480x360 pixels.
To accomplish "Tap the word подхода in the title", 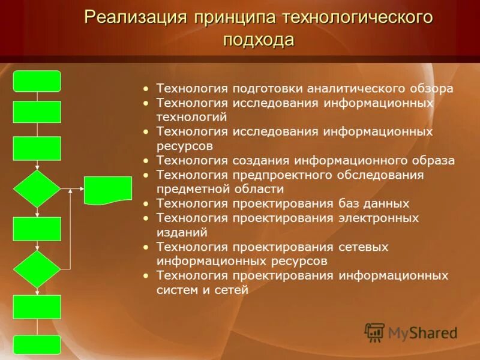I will [x=259, y=40].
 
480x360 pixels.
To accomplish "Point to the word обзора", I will [x=431, y=88].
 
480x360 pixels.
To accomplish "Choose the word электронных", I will [x=379, y=218].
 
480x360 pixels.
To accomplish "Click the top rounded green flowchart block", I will [x=37, y=81].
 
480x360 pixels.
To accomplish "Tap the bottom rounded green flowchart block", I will [x=37, y=344].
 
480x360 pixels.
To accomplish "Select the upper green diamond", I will [x=37, y=189].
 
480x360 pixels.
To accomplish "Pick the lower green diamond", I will [x=37, y=269].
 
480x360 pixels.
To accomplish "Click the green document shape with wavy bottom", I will [x=108, y=190].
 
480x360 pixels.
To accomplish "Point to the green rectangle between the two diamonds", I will [x=37, y=229].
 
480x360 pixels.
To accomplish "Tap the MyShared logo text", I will [x=422, y=332].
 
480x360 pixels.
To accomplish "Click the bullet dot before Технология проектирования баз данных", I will [x=146, y=203].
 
